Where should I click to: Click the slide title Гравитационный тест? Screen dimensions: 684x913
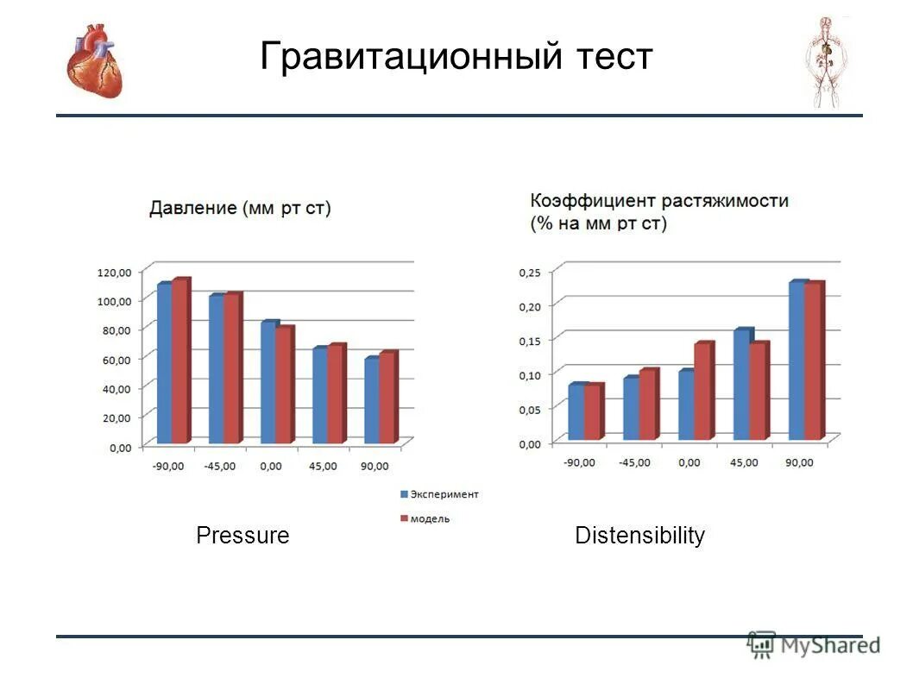456,57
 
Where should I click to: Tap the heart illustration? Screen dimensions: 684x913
95,60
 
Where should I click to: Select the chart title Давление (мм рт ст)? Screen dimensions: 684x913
240,208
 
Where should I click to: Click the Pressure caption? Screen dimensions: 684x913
242,536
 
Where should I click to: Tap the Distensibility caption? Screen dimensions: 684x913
639,536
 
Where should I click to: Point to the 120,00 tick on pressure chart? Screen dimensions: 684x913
114,272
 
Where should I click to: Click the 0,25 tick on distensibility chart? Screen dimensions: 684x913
528,272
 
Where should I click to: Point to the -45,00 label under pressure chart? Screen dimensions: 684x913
220,466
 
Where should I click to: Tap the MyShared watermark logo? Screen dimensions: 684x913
814,644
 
